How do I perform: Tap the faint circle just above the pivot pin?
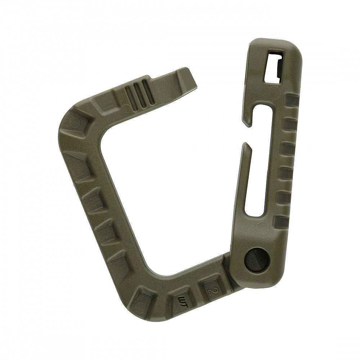click(x=262, y=227)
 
